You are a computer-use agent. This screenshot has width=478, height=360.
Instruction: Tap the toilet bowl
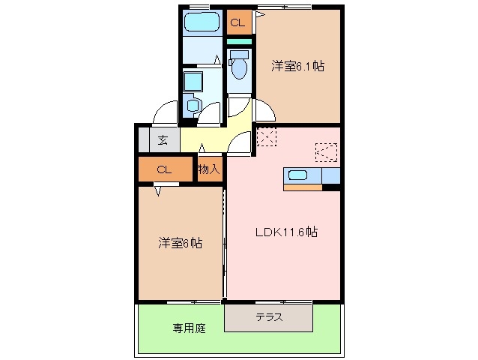[239, 68]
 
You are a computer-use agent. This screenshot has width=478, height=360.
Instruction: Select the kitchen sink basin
[297, 176]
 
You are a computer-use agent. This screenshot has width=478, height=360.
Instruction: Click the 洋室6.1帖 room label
[297, 66]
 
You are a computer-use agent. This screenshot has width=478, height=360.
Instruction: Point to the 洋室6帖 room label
[180, 243]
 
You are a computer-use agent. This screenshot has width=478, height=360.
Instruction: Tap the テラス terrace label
[269, 316]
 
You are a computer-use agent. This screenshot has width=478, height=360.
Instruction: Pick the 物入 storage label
[209, 169]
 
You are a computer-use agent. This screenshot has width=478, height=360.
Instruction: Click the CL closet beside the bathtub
[238, 23]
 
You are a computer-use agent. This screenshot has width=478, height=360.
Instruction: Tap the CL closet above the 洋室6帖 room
[165, 169]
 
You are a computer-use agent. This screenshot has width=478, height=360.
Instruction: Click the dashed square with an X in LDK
[266, 137]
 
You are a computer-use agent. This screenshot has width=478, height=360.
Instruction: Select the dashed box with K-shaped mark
[326, 152]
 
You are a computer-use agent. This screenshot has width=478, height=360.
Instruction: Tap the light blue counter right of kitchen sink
[330, 176]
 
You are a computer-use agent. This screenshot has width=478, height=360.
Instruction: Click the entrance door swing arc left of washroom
[165, 112]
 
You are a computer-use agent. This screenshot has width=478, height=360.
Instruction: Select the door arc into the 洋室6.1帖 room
[264, 110]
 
